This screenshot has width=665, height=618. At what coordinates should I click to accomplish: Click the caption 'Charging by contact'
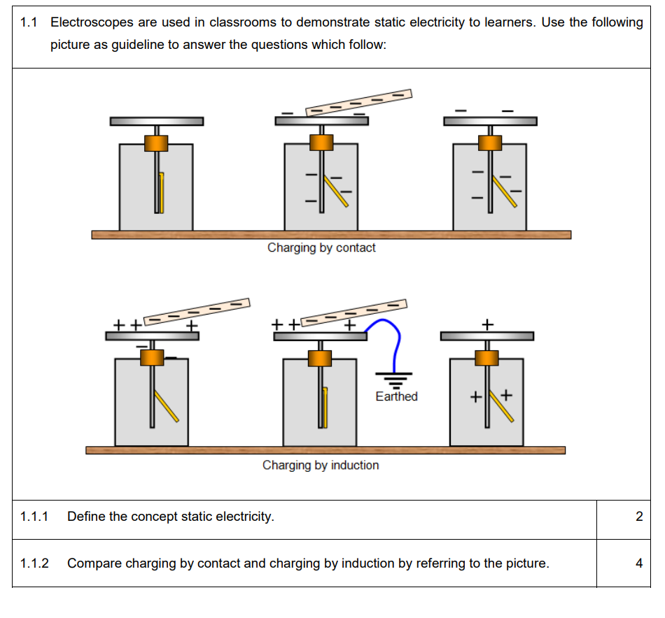[321, 247]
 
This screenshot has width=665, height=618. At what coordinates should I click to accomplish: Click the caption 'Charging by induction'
[321, 465]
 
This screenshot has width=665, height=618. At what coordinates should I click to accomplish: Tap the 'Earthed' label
[396, 396]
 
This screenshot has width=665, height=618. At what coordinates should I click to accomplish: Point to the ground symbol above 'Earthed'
[395, 380]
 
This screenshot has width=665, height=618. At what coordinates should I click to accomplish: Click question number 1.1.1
[34, 517]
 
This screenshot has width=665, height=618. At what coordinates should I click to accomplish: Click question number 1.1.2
[34, 563]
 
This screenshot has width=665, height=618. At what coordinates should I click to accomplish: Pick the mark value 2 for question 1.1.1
[638, 517]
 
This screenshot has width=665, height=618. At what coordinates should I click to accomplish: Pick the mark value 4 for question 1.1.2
[638, 563]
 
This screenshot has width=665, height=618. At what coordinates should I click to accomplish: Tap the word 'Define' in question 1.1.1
[86, 517]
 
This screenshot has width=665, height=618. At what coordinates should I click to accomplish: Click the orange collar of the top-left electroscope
[157, 143]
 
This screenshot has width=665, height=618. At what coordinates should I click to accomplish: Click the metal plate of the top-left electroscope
[157, 122]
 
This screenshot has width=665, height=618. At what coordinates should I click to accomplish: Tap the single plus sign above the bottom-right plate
[488, 324]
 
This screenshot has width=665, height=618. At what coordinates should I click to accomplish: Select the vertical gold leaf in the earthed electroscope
[325, 405]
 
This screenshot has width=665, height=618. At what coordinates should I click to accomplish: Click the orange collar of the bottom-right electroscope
[486, 357]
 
